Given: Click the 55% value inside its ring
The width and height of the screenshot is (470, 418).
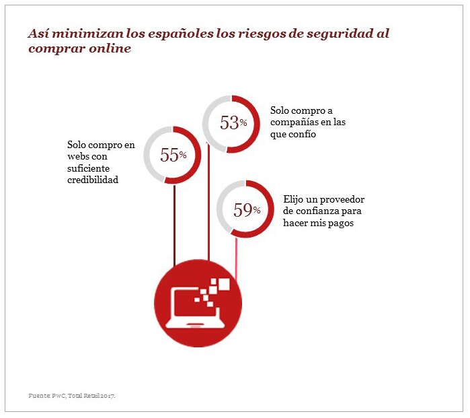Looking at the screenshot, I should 173,155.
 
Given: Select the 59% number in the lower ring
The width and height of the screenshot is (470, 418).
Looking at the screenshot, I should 246,209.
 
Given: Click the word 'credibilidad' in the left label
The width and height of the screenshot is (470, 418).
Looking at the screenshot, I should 93,180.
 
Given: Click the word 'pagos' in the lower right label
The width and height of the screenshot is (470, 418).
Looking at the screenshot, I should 340,223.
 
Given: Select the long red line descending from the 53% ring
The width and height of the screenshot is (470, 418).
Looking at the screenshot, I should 209,202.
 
